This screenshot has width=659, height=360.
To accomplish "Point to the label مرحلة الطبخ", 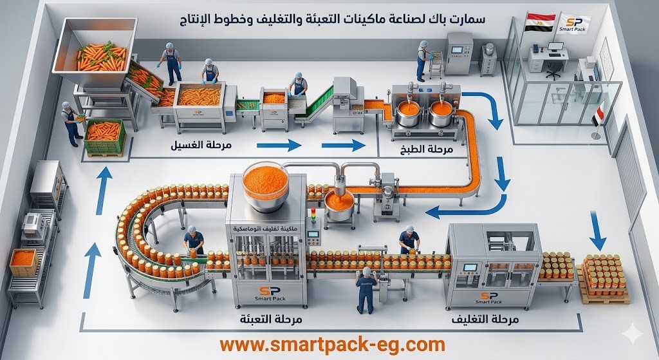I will [x=431, y=149].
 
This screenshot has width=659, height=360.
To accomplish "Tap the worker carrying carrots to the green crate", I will [x=70, y=121].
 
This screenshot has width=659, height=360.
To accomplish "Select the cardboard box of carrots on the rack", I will [x=24, y=261].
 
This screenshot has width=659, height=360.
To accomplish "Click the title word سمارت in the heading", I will [x=468, y=19].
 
